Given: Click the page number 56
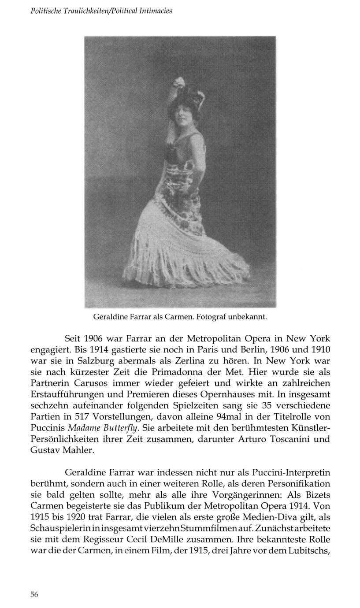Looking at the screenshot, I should click(34, 594).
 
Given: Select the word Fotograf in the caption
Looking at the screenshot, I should click(211, 317).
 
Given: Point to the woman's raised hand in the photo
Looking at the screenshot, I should click(179, 82).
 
